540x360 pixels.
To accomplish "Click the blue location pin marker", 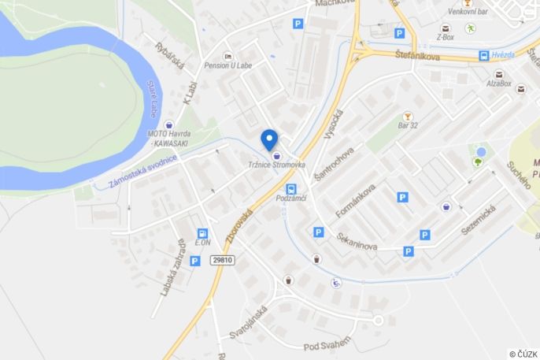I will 269,139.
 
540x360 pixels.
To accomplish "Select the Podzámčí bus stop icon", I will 291,189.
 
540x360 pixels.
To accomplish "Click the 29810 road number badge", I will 223,259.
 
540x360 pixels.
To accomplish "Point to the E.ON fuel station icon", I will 203,232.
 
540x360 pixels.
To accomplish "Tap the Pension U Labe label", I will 228,65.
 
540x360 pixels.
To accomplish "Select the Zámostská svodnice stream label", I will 143,169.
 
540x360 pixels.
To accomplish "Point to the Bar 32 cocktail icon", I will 408,116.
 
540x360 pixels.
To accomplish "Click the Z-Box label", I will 445,37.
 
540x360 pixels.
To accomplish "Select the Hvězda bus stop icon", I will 483,56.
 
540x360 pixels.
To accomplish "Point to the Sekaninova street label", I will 357,241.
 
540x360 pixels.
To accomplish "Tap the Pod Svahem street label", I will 327,346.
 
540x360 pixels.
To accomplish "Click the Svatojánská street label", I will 249,323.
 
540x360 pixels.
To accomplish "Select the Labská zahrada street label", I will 172,268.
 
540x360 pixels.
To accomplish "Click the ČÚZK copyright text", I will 523,354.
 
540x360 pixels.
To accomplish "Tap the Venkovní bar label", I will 468,12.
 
